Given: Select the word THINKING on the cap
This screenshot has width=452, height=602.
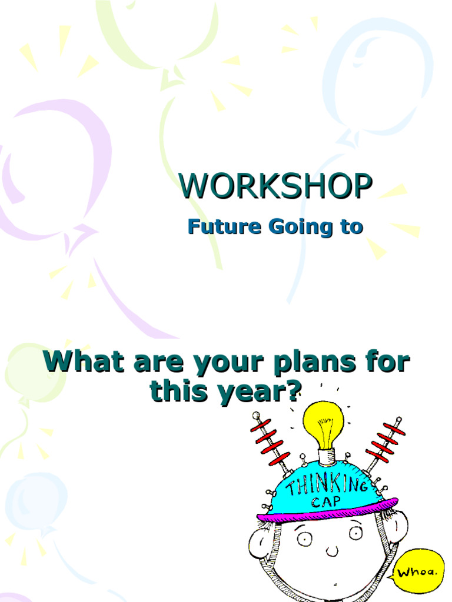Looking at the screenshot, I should tap(327, 486).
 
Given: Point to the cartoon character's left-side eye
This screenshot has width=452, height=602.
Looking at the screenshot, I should tap(304, 538).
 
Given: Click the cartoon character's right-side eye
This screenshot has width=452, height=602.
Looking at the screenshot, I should tap(355, 532).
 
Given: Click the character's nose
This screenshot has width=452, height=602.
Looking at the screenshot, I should tap(331, 551).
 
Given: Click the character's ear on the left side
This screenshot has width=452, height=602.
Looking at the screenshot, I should tap(260, 542).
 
